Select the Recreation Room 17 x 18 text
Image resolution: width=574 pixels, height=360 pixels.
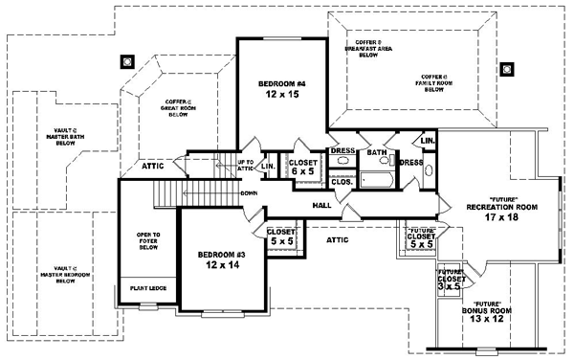coord(501,212)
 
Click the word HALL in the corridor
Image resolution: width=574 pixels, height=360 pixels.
coord(322,206)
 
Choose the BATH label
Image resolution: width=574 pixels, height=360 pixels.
coord(377,152)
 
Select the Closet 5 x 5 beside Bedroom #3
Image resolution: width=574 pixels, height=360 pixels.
coord(281,236)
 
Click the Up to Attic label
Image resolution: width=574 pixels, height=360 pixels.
coord(245,167)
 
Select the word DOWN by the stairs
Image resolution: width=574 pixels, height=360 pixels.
coord(250,193)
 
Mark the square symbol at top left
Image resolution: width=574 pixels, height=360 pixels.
coord(125,64)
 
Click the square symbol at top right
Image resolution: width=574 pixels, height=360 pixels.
coord(507,67)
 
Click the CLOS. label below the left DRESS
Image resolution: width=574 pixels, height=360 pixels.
coord(342,180)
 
